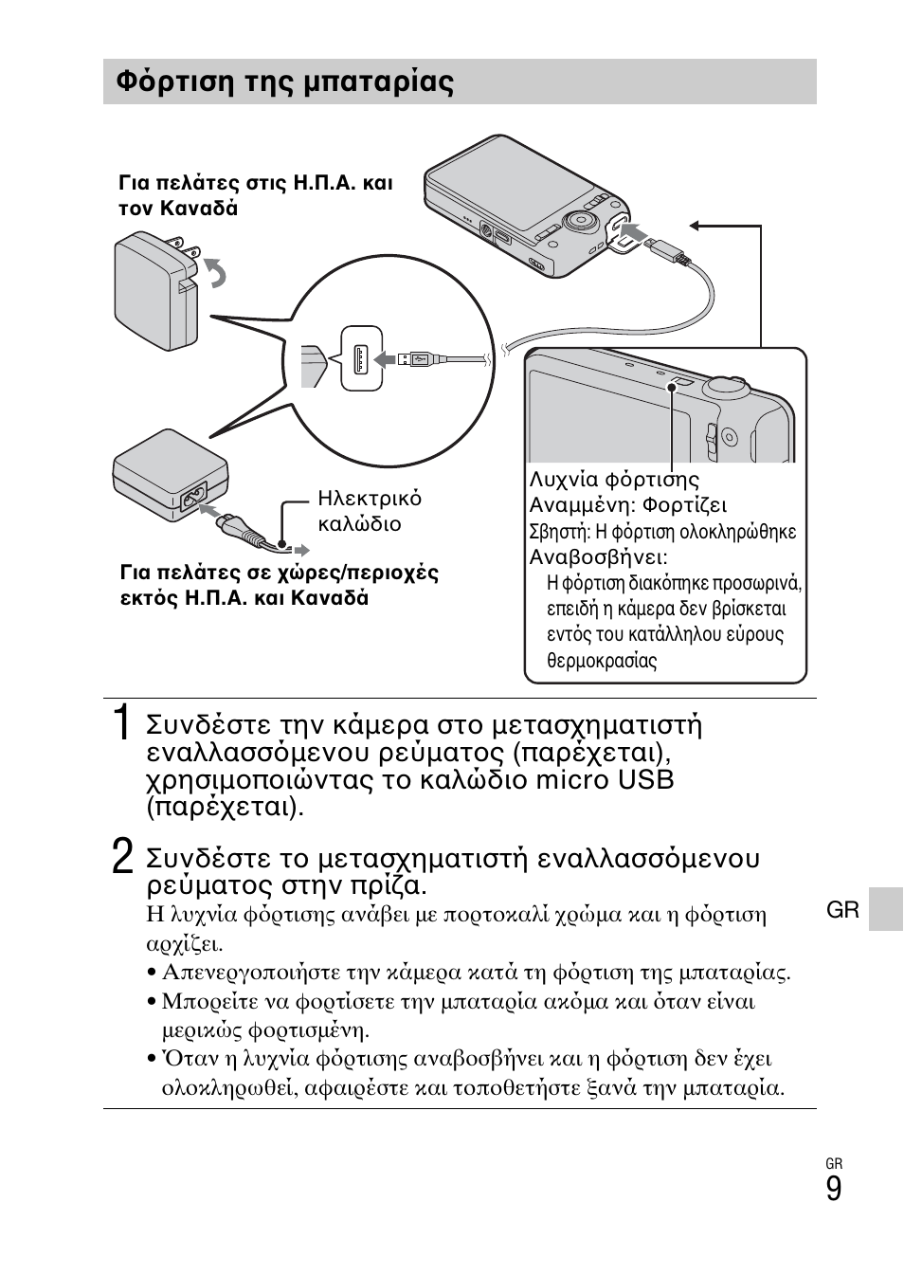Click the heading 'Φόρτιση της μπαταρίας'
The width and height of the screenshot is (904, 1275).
pos(284,82)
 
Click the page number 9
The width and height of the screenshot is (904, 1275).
pos(833,1189)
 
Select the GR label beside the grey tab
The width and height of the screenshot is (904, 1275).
pos(842,910)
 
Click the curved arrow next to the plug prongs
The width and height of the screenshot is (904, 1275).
pos(217,274)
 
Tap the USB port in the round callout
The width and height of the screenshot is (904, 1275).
pos(361,358)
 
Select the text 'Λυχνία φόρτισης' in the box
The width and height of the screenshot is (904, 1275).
pos(613,480)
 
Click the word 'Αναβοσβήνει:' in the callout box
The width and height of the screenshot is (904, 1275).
pos(598,557)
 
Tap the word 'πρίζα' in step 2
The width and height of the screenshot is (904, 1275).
pos(389,886)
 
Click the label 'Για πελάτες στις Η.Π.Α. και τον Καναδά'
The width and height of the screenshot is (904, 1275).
pos(255,195)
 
